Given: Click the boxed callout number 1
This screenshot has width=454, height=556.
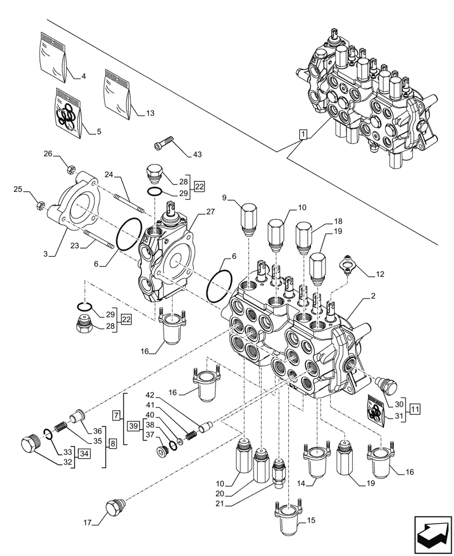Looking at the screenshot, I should click(302, 135).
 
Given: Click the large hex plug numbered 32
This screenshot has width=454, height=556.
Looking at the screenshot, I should click(28, 445).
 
